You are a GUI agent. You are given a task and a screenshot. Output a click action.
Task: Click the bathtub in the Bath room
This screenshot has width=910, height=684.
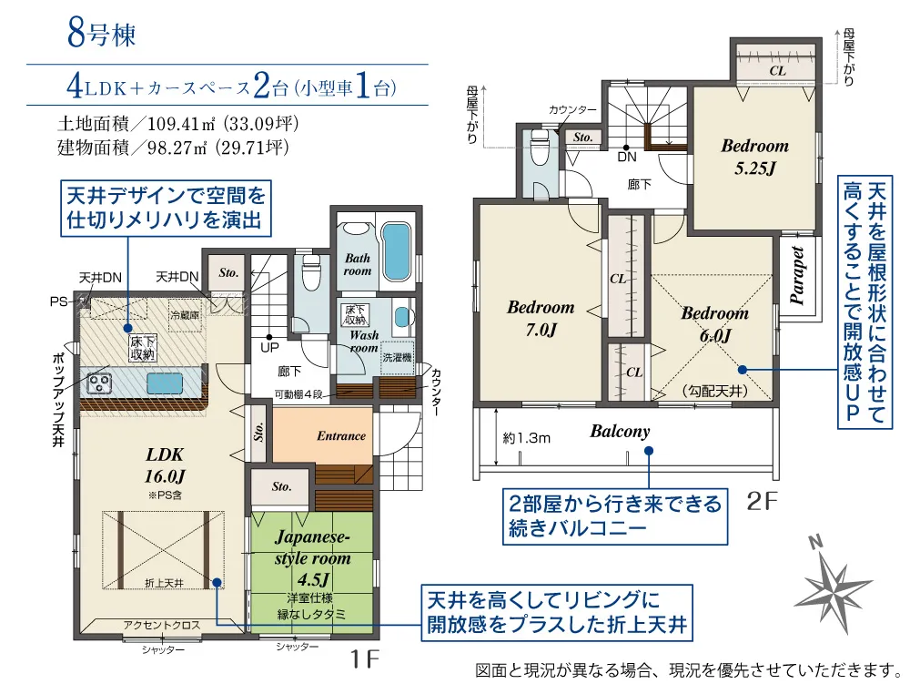pyautogui.click(x=397, y=253)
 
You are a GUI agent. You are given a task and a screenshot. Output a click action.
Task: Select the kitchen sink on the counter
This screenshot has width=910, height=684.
pyautogui.click(x=164, y=383)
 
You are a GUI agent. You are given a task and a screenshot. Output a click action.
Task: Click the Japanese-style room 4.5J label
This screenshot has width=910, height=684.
pyautogui.click(x=312, y=557)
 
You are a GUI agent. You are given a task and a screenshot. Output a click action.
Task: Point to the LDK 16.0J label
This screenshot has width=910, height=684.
pyautogui.click(x=165, y=465)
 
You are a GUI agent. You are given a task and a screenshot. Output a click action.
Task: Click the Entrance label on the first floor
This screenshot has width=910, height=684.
pyautogui.click(x=341, y=436)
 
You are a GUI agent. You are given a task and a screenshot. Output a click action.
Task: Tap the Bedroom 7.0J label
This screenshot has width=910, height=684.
pyautogui.click(x=541, y=318)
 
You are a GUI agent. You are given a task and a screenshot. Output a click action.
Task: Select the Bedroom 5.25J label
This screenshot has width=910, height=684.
pyautogui.click(x=755, y=157)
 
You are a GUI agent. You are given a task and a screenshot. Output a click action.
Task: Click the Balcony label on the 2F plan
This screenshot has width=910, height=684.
pyautogui.click(x=620, y=432)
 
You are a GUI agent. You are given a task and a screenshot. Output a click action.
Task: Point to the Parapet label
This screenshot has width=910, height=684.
pyautogui.click(x=797, y=276)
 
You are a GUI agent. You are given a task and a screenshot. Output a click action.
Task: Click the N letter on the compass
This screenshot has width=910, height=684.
pyautogui.click(x=816, y=542)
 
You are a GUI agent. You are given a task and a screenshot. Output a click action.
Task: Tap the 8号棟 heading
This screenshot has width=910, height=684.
pyautogui.click(x=102, y=34)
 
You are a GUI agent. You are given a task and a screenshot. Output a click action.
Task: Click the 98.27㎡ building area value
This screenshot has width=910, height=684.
pyautogui.click(x=177, y=148)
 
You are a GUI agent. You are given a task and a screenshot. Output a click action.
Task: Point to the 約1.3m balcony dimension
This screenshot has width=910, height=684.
pyautogui.click(x=526, y=438)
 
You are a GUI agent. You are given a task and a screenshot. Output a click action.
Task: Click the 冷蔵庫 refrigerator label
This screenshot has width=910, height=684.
pyautogui.click(x=185, y=315)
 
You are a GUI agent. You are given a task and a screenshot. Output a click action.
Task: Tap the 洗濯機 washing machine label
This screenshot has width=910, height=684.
pyautogui.click(x=397, y=357)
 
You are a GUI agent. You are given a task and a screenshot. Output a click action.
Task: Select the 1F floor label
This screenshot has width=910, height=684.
pyautogui.click(x=365, y=658)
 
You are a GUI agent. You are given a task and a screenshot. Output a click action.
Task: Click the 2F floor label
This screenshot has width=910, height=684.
pyautogui.click(x=762, y=501)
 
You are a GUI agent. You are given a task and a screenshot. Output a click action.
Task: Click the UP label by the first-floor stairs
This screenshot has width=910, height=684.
pyautogui.click(x=270, y=347)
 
